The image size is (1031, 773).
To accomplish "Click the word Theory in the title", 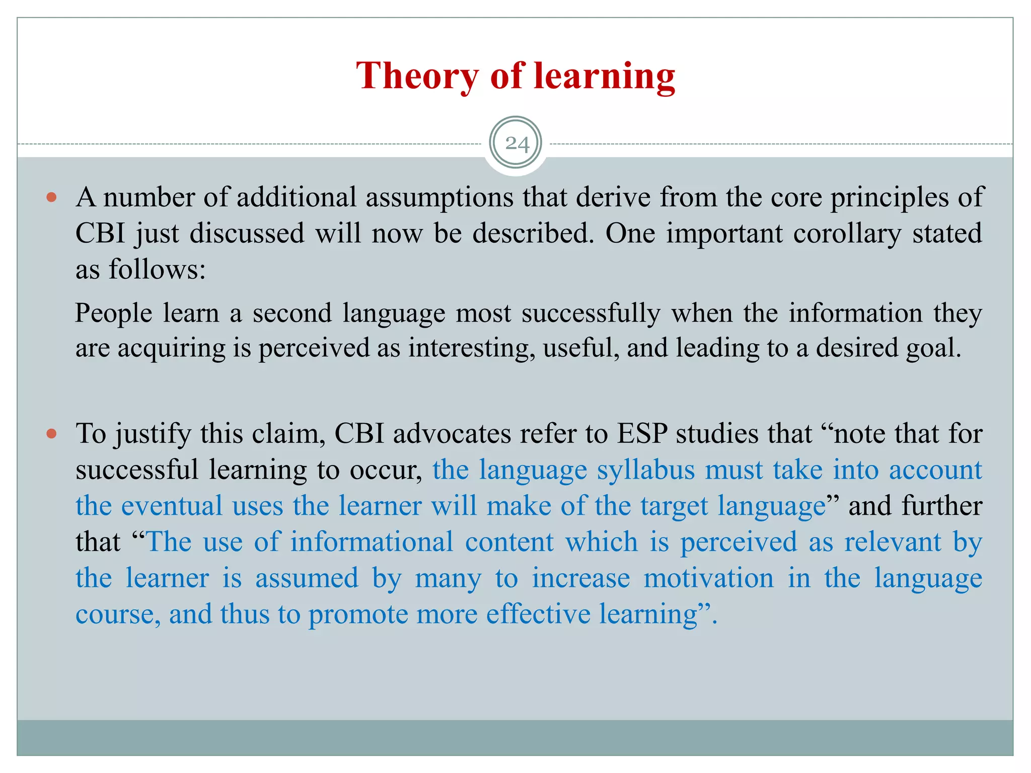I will point(417,76).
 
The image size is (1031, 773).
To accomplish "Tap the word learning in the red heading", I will point(604,76).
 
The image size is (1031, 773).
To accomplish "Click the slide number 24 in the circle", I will point(517,144).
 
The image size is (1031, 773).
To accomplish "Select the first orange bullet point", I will point(51,197).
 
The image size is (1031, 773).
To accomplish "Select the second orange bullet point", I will point(51,434).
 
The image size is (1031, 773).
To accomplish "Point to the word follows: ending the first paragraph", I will point(157,270).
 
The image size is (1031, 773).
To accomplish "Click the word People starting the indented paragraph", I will point(113,314).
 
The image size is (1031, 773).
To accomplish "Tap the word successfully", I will point(591,314).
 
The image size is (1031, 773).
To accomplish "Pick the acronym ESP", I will point(642,434).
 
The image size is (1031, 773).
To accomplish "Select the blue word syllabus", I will point(645,470).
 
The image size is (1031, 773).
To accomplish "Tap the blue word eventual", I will point(172,506).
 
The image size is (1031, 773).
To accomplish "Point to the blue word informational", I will point(372,543).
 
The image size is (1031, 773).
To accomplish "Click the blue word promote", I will point(358,614).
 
